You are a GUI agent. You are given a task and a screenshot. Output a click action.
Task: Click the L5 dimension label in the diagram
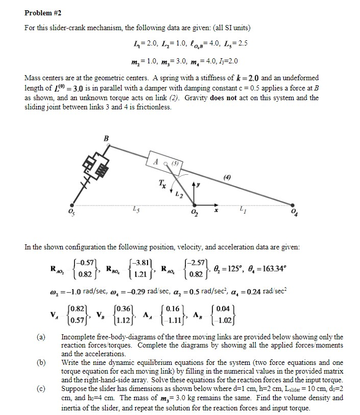pos(133,209)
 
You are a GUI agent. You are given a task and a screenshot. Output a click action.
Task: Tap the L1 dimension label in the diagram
pos(271,209)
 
